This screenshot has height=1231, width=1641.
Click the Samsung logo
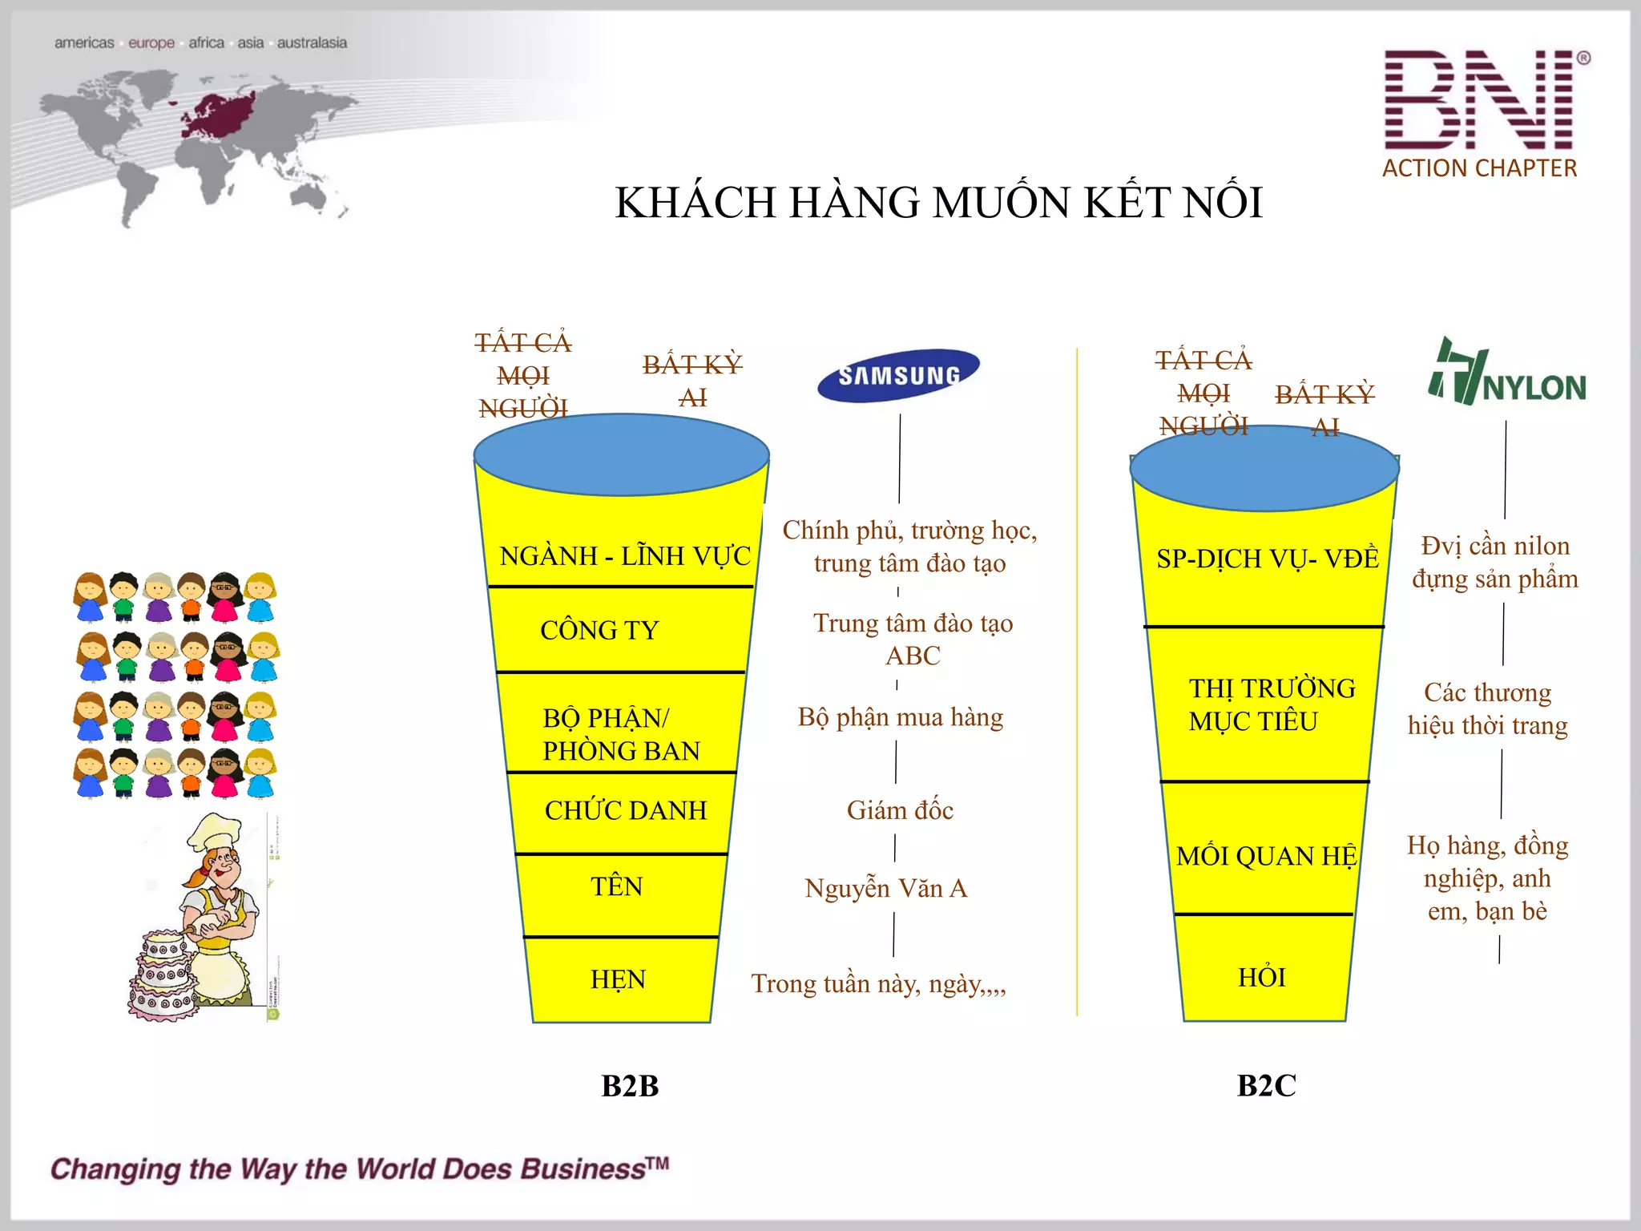pos(898,375)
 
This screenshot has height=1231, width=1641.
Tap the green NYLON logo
pos(1506,373)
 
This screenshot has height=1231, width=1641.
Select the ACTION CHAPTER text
pos(1479,168)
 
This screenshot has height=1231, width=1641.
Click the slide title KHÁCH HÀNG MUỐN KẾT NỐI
pos(938,202)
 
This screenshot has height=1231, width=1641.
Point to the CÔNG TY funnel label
pos(599,631)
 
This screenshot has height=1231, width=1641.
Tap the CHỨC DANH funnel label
pos(626,810)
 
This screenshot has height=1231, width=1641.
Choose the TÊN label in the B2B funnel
pos(616,886)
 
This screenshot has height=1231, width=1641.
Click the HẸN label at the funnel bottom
pos(618,979)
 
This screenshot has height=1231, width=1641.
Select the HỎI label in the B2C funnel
pos(1262,978)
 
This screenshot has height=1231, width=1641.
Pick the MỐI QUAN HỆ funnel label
pos(1266,856)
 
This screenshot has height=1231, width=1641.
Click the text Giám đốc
pos(900,810)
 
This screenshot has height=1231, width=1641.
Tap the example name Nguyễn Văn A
pos(886,888)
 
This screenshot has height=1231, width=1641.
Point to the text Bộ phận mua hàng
pos(900,717)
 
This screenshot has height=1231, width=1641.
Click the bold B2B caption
pos(630,1086)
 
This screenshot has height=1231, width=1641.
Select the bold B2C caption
pos(1266,1086)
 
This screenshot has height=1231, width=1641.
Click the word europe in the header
pos(151,42)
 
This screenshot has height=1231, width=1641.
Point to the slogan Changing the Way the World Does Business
pos(359,1169)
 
